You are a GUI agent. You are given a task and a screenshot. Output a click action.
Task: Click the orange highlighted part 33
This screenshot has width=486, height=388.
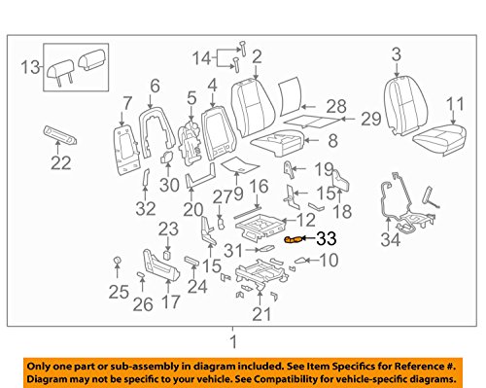coord(294,239)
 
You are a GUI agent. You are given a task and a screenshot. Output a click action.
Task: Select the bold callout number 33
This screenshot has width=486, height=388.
coord(327,239)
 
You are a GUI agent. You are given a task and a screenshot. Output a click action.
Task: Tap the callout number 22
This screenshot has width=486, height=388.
coord(61,162)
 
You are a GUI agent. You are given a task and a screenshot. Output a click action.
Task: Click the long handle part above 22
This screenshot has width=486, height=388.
coord(60,135)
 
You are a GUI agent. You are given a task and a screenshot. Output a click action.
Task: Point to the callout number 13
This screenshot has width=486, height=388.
coord(30,68)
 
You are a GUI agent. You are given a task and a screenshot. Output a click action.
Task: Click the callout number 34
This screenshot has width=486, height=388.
coord(391,239)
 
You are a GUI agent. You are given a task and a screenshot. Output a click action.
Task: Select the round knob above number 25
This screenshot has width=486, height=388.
coord(117,261)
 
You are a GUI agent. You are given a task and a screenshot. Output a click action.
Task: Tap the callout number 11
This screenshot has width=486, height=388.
coord(455,104)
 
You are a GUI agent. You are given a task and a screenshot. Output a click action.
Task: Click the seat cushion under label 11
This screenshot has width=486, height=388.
coord(439,140)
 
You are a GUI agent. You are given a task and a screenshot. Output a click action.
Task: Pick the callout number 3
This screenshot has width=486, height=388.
coord(397,54)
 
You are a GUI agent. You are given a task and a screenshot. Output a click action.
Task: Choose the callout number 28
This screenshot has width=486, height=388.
coord(336,106)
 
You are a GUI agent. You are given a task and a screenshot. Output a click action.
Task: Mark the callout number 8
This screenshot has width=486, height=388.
coord(333,141)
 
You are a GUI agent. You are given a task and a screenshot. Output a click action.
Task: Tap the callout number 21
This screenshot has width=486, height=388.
coord(261,314)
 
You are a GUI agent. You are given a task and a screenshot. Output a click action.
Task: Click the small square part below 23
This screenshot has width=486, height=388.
coord(167,255)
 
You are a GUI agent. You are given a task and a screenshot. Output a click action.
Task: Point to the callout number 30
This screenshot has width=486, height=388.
coord(169,185)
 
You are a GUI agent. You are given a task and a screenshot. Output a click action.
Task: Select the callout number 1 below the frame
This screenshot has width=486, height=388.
coord(233,342)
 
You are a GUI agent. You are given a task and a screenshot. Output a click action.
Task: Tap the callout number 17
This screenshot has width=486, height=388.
coord(171,301)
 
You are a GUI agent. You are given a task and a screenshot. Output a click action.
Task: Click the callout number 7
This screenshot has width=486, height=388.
coord(127,103)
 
